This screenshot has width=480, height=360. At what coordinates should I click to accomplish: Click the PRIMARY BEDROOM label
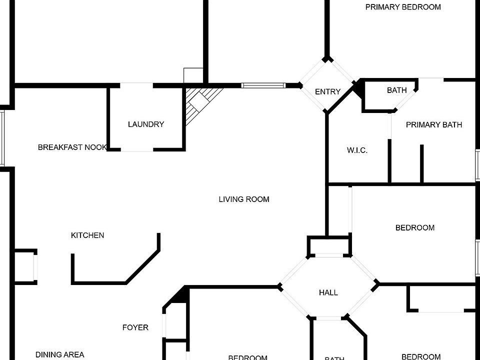[x=403, y=7]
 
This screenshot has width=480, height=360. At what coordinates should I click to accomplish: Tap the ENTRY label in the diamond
[x=327, y=91]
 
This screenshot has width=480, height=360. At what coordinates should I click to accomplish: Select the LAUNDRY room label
[x=146, y=124]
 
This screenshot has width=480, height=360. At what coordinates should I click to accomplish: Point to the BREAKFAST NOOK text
[x=72, y=147]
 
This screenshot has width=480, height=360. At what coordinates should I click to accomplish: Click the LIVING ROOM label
[x=244, y=199]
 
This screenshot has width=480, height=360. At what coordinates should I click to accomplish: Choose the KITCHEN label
[x=87, y=235]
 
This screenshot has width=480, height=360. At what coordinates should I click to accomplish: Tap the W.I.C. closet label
[x=357, y=150]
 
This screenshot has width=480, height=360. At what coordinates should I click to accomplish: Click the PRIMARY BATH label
[x=433, y=124]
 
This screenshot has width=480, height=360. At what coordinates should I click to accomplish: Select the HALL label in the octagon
[x=328, y=292]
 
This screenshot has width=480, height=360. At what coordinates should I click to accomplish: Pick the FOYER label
[x=135, y=327]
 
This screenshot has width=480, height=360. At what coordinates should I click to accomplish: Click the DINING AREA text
[x=59, y=354]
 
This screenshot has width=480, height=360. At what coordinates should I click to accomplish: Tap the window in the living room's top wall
[x=263, y=85]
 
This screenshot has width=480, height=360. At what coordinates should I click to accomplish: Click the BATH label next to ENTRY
[x=396, y=90]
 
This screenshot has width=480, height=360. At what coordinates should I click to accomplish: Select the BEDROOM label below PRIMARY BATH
[x=414, y=227]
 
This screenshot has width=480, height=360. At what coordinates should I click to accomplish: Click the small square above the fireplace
[x=193, y=75]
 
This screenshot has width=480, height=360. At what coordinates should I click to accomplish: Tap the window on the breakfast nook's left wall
[x=2, y=137]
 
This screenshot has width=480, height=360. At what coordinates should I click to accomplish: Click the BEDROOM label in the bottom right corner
[x=421, y=356]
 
